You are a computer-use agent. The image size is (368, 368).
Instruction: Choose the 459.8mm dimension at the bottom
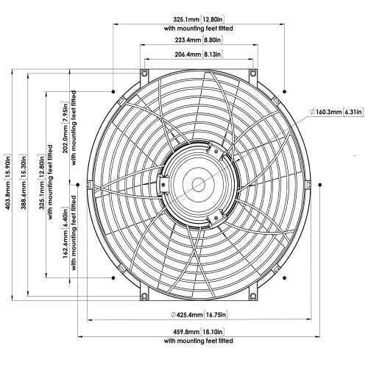(183, 331)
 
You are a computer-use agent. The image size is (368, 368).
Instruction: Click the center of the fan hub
(197, 183)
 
